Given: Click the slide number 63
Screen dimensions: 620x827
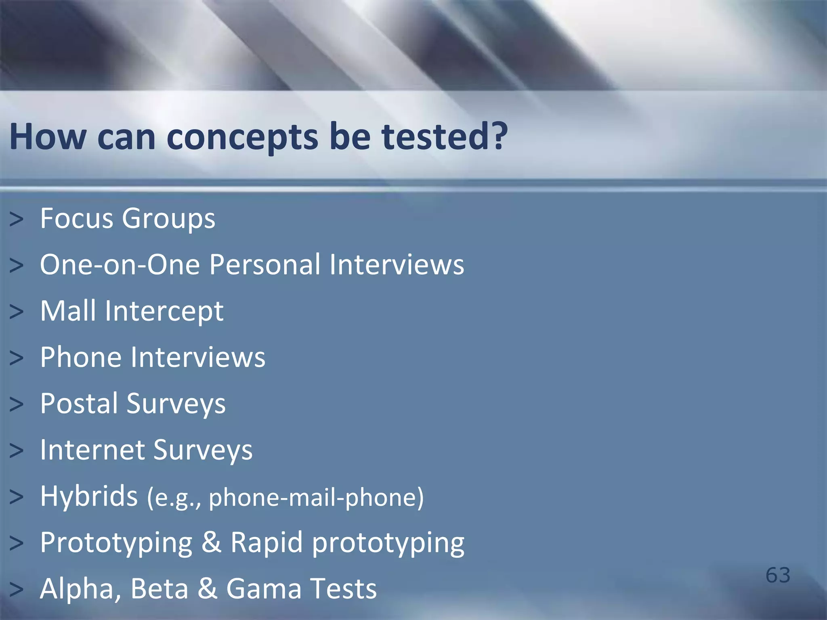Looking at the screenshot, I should click(778, 575).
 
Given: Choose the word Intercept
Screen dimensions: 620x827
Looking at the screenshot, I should click(164, 312).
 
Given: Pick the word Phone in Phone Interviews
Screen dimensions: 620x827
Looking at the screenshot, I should click(80, 357).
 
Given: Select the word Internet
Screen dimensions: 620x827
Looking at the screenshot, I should click(92, 450).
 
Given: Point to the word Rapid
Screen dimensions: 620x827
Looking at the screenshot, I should click(267, 543).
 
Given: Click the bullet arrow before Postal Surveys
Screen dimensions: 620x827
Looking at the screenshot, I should click(17, 404).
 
